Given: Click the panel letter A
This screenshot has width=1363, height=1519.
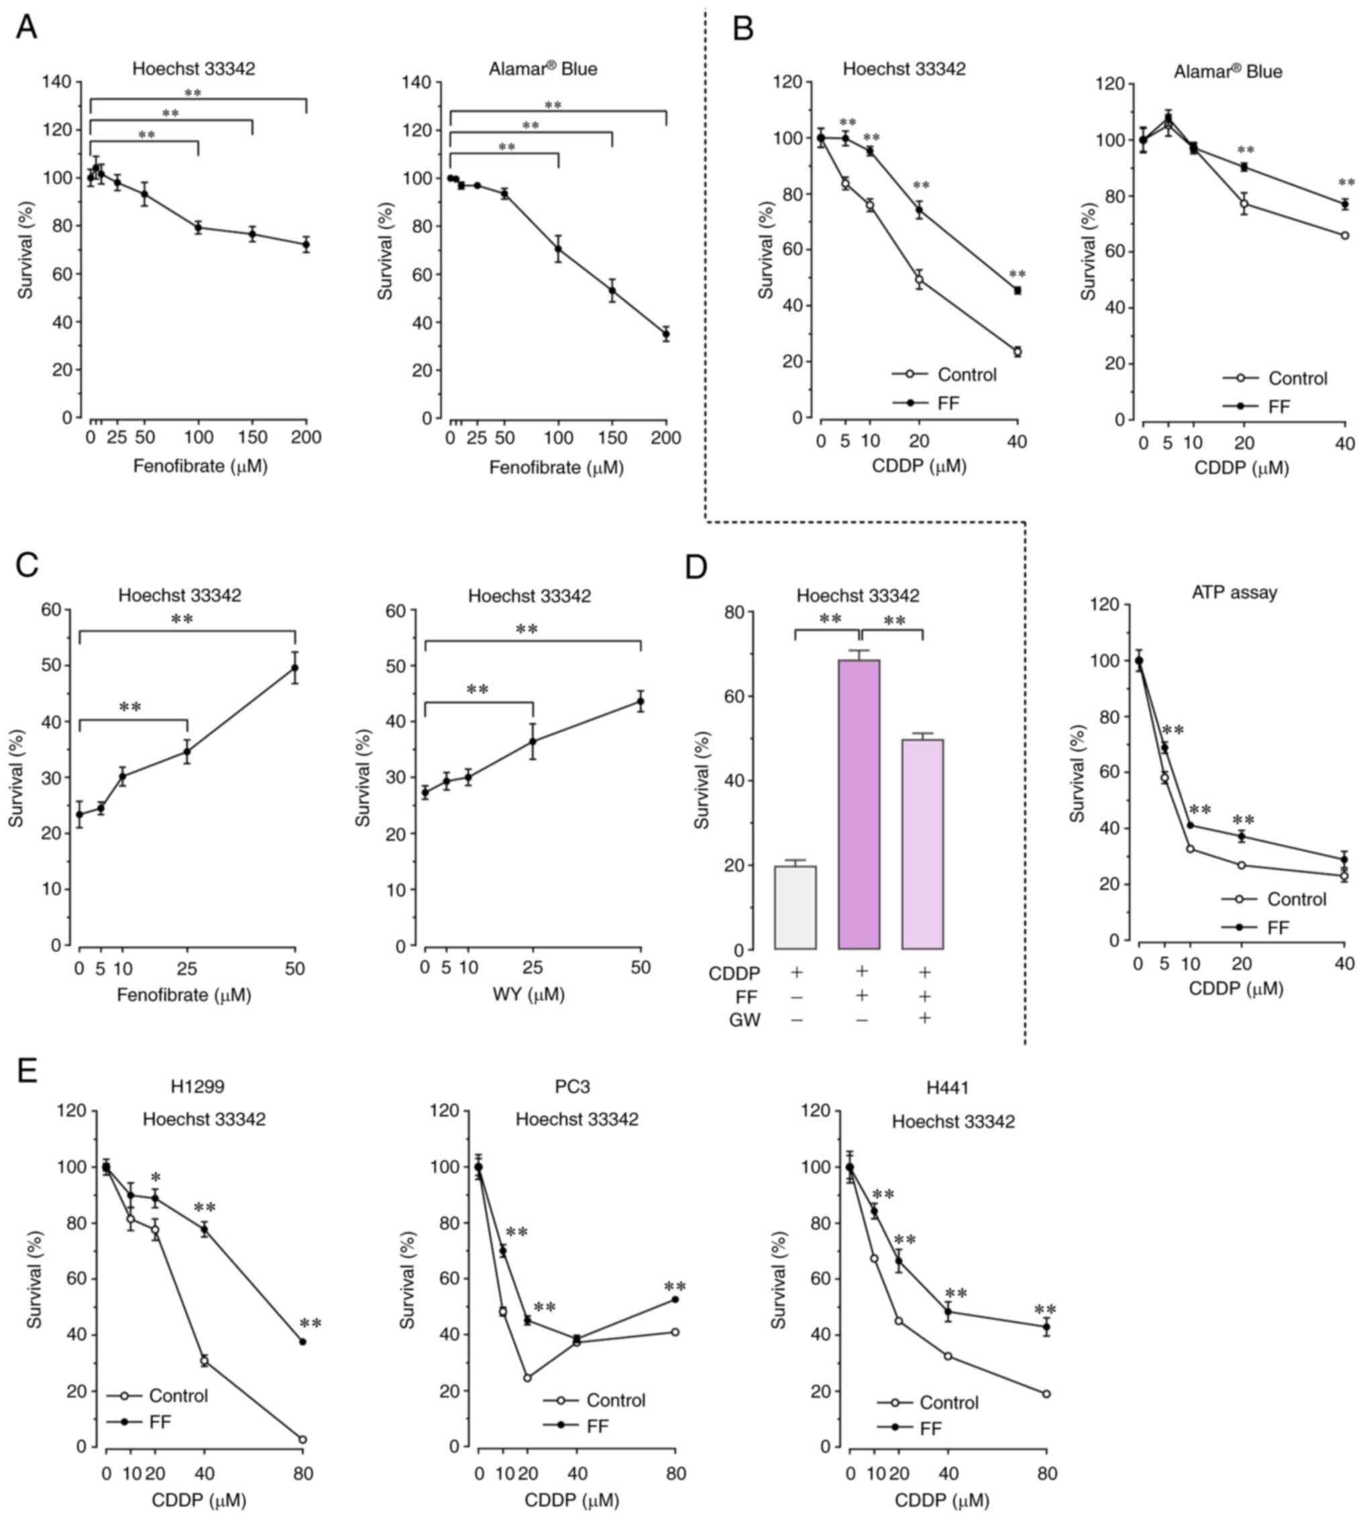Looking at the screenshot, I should pyautogui.click(x=27, y=28).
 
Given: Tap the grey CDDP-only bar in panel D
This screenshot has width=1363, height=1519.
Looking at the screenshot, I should pyautogui.click(x=796, y=907).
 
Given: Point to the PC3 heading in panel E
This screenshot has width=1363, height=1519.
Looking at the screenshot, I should pyautogui.click(x=573, y=1087).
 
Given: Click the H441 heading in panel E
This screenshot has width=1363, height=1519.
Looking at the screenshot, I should pyautogui.click(x=947, y=1087).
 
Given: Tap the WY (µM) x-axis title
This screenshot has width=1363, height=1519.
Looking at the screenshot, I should pyautogui.click(x=528, y=995).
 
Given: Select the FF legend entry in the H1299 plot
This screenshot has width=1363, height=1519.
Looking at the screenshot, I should pyautogui.click(x=160, y=1422).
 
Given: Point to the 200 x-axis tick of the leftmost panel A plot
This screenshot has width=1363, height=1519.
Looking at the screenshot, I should pyautogui.click(x=306, y=437).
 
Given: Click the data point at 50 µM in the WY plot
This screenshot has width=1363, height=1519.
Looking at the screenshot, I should pyautogui.click(x=641, y=702).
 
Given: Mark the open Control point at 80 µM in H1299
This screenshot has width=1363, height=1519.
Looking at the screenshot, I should pyautogui.click(x=303, y=1440).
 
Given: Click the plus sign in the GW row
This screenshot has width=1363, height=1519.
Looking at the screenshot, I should pyautogui.click(x=924, y=1017).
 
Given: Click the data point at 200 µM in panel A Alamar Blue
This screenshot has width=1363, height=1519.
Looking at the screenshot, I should pyautogui.click(x=666, y=334).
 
